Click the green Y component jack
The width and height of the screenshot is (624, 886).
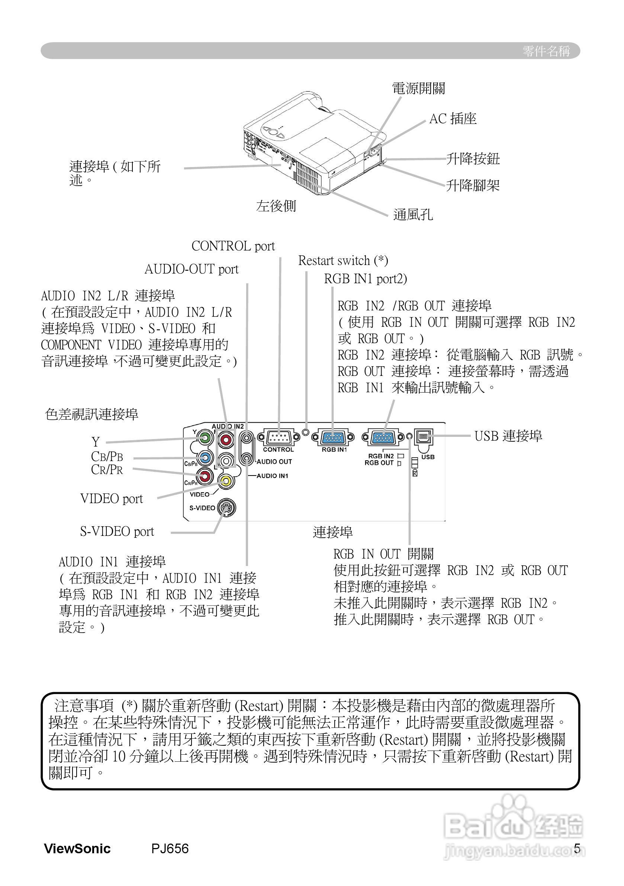[x=205, y=438]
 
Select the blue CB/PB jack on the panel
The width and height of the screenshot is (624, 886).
[x=205, y=458]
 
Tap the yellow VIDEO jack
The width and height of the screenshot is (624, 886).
[x=226, y=481]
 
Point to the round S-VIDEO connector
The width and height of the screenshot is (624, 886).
[x=226, y=508]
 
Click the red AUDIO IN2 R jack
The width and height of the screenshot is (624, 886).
[x=226, y=439]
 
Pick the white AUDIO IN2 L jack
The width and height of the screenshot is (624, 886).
[x=226, y=460]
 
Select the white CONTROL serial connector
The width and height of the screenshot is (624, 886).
[x=278, y=437]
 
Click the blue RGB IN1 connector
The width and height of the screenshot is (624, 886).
[x=334, y=437]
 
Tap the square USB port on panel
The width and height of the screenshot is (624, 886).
[x=423, y=437]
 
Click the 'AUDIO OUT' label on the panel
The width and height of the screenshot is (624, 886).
[x=274, y=461]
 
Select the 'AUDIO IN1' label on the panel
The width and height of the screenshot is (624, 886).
[x=272, y=476]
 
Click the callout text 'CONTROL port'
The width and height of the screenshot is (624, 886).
[x=233, y=246]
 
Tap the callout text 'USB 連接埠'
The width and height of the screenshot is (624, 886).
[x=508, y=436]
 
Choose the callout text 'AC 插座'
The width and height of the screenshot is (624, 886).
[x=453, y=119]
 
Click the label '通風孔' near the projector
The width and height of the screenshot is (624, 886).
[x=413, y=215]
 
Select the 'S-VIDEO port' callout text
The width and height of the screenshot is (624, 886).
[x=117, y=532]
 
